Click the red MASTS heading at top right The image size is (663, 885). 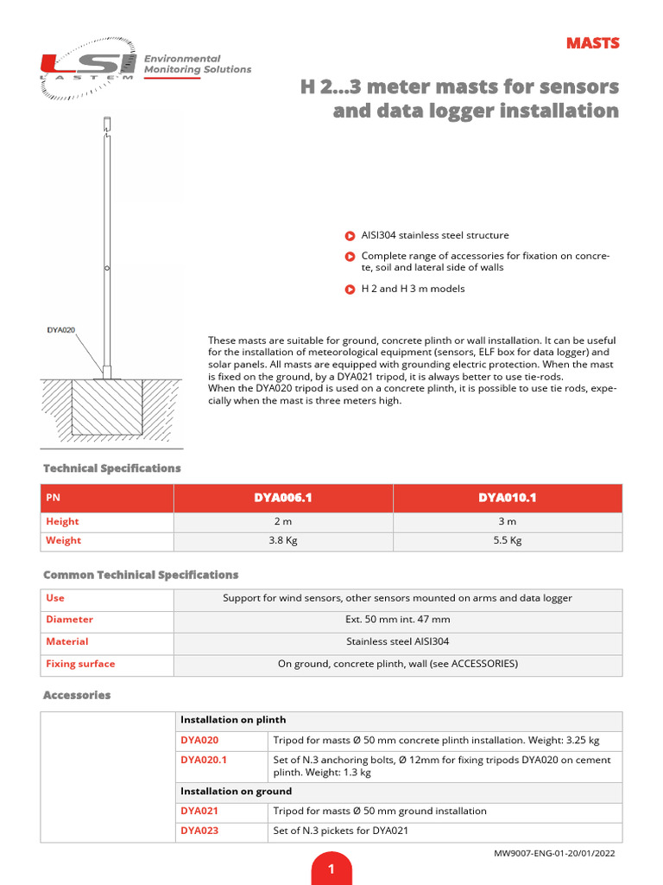592,43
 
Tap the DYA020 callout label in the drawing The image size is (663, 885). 60,329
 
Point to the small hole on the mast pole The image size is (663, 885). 106,270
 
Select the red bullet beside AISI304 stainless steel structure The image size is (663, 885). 350,235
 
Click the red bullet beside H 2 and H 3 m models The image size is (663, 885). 350,289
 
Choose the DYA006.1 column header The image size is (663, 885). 282,498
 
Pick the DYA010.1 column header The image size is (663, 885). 507,498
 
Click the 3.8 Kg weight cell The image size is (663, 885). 282,541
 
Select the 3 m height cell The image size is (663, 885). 507,522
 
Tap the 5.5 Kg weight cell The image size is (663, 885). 507,541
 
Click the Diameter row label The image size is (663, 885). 69,620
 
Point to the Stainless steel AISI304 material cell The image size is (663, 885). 397,642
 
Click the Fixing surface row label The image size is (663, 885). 80,664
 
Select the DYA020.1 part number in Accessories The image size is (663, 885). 204,760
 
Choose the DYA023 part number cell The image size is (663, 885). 199,831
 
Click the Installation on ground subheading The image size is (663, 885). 236,791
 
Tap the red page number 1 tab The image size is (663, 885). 331,869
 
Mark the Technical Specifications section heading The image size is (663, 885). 112,468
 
